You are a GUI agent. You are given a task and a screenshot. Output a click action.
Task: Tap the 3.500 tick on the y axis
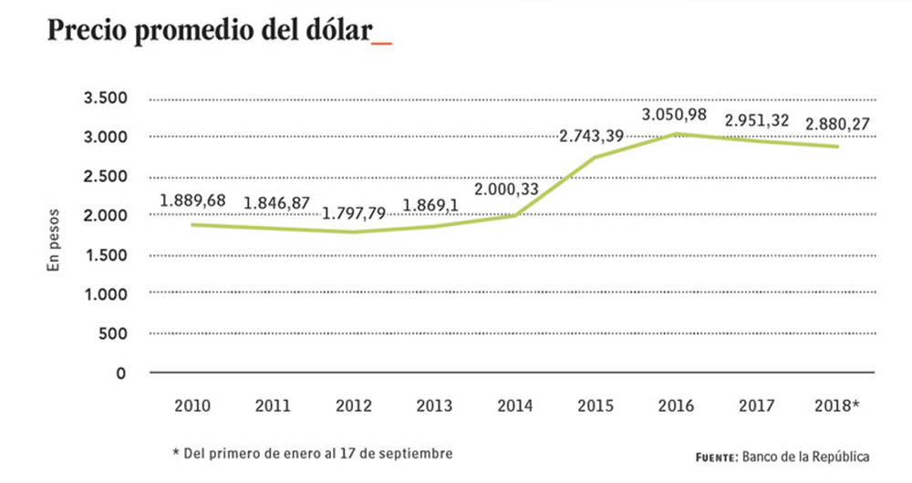pyautogui.click(x=105, y=98)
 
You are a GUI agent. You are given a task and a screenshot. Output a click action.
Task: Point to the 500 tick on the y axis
pyautogui.click(x=112, y=334)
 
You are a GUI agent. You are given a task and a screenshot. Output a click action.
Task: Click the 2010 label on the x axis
pyautogui.click(x=192, y=406)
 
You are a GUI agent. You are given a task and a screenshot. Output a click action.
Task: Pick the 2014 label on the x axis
pyautogui.click(x=514, y=406)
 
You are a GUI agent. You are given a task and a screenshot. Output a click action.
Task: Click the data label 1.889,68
pyautogui.click(x=192, y=200)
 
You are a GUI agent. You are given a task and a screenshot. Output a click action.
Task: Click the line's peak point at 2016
pyautogui.click(x=676, y=134)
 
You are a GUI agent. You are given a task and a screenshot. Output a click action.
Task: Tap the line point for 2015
pyautogui.click(x=596, y=158)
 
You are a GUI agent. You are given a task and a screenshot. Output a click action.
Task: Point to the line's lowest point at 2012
pyautogui.click(x=354, y=231)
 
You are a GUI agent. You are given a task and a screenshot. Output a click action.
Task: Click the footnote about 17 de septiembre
pyautogui.click(x=311, y=452)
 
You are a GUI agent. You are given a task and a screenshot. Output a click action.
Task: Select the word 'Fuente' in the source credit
pyautogui.click(x=716, y=457)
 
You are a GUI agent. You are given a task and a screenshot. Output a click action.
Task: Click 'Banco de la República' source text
pyautogui.click(x=806, y=456)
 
